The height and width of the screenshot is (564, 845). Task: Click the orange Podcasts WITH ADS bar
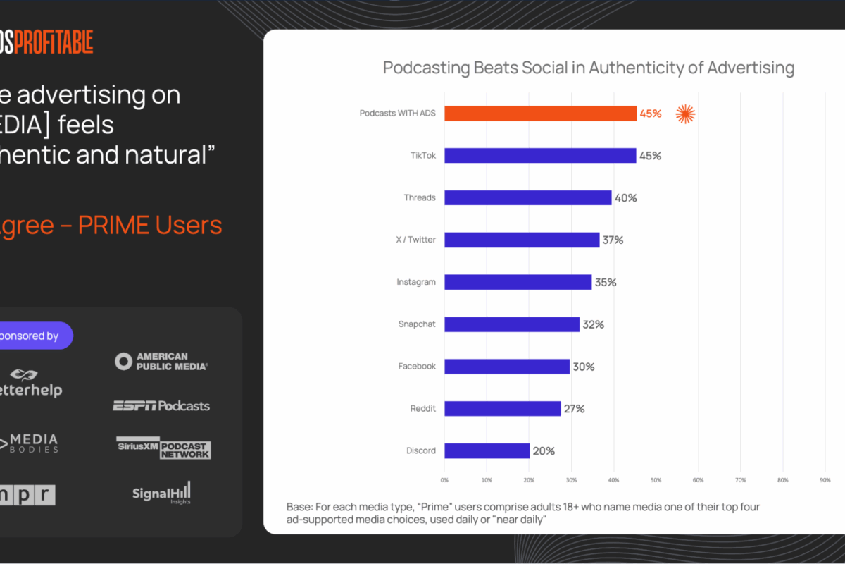coord(540,113)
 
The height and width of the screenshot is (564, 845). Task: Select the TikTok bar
coord(540,155)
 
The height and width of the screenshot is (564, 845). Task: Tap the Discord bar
coord(487,450)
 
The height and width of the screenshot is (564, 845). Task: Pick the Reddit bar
coord(502,408)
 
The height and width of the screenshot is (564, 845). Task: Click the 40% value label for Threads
coord(625,198)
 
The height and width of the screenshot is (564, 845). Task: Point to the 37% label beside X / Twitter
coord(613,240)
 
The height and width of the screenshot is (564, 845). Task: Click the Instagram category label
coord(416,282)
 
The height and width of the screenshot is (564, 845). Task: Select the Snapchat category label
coord(417,324)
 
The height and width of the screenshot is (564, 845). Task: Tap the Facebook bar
coord(507,367)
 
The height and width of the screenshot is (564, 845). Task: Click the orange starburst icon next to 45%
coord(685,114)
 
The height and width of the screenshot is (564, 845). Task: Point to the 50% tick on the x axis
coord(656,480)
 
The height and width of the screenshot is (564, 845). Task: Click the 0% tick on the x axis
coord(444,480)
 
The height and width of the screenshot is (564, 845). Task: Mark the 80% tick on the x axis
coord(782,480)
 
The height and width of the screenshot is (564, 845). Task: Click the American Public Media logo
coord(162,362)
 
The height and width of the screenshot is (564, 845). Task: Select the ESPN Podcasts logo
coord(161,405)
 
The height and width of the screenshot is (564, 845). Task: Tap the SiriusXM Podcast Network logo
coord(163,448)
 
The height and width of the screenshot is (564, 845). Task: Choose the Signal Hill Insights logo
coord(161,492)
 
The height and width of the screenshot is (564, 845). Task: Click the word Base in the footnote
coord(299,508)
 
